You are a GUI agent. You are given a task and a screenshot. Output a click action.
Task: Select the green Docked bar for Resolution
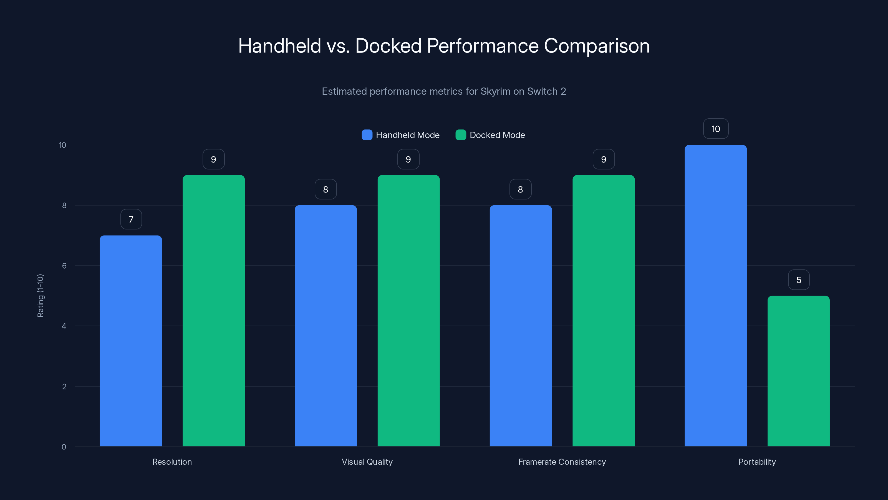(x=213, y=311)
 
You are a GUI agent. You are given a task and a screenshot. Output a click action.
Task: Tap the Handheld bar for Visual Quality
(x=326, y=326)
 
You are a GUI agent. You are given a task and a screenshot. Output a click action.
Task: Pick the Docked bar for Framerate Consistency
(x=603, y=311)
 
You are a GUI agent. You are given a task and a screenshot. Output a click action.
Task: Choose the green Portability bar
(x=798, y=371)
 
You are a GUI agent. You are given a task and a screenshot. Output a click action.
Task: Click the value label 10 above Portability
(x=716, y=129)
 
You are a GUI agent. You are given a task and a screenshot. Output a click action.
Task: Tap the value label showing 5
(x=799, y=280)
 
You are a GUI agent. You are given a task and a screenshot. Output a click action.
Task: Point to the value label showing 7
(x=131, y=219)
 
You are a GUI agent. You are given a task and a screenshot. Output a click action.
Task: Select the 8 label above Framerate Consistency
(x=520, y=189)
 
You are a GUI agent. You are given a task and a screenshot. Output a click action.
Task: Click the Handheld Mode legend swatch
(x=367, y=135)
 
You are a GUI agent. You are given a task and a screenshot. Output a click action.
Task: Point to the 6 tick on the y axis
(x=64, y=266)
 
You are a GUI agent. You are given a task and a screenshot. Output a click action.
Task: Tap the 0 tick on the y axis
(x=64, y=447)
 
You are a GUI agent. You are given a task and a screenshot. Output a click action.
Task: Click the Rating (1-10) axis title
(x=40, y=296)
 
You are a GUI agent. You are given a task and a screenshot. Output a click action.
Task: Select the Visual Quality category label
(x=367, y=462)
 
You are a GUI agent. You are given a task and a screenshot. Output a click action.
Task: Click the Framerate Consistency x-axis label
(x=562, y=462)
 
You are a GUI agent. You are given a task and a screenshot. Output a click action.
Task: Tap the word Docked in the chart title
(x=388, y=46)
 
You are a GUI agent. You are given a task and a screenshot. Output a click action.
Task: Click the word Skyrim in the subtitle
(x=495, y=91)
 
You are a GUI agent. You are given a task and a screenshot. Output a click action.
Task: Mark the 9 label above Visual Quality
(x=408, y=159)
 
